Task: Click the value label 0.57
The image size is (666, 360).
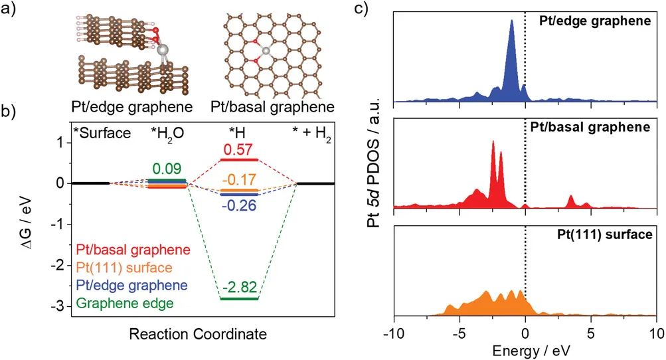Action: (x=238, y=150)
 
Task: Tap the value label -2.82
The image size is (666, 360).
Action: (x=239, y=288)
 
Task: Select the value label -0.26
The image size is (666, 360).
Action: (x=238, y=205)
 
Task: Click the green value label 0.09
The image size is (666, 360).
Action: (x=167, y=169)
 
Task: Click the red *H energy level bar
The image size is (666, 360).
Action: (x=238, y=160)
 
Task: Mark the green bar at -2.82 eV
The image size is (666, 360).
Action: (x=239, y=299)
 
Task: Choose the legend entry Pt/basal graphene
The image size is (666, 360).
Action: (x=133, y=250)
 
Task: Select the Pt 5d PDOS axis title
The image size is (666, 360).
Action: (x=375, y=177)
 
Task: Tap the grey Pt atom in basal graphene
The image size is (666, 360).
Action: (x=266, y=50)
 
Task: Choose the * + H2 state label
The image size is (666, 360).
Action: (x=312, y=133)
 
